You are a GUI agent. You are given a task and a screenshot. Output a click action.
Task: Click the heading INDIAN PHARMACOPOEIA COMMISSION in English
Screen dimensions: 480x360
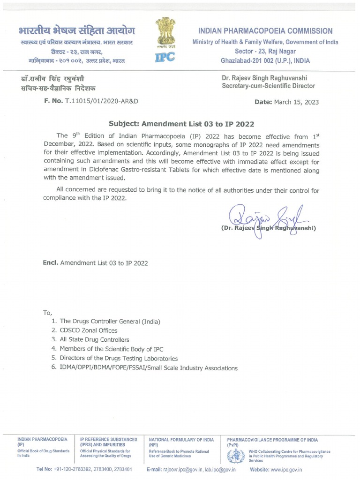265,31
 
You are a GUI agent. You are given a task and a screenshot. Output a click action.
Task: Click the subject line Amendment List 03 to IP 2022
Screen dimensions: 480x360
181,124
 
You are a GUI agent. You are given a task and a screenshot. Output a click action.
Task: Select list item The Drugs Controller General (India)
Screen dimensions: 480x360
110,321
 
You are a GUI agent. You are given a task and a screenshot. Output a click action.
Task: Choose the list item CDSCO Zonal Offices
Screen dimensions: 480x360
88,330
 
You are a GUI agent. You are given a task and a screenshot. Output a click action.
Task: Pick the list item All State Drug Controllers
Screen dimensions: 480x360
94,340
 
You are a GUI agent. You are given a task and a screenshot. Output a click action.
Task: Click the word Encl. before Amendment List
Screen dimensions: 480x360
50,263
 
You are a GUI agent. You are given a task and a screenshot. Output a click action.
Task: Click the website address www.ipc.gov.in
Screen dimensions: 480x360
286,469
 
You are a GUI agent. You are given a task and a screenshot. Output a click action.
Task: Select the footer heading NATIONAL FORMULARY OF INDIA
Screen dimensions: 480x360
181,440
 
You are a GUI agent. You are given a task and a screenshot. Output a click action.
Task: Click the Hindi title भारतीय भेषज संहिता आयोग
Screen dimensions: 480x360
77,31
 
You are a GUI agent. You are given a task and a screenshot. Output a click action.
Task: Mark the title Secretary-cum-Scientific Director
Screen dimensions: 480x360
269,86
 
